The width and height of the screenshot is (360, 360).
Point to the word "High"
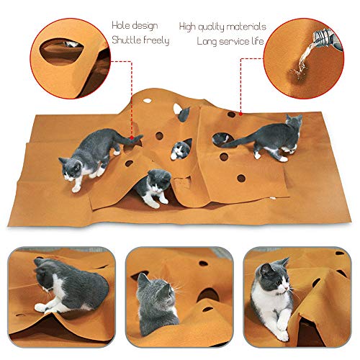(191, 26)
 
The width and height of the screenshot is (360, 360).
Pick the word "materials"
(249, 26)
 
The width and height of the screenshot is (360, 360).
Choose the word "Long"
(209, 40)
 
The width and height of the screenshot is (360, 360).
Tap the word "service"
(235, 40)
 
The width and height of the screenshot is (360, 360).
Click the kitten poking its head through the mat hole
(181, 149)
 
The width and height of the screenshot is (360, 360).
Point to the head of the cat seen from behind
(156, 291)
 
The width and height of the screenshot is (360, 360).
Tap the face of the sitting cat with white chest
(272, 276)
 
